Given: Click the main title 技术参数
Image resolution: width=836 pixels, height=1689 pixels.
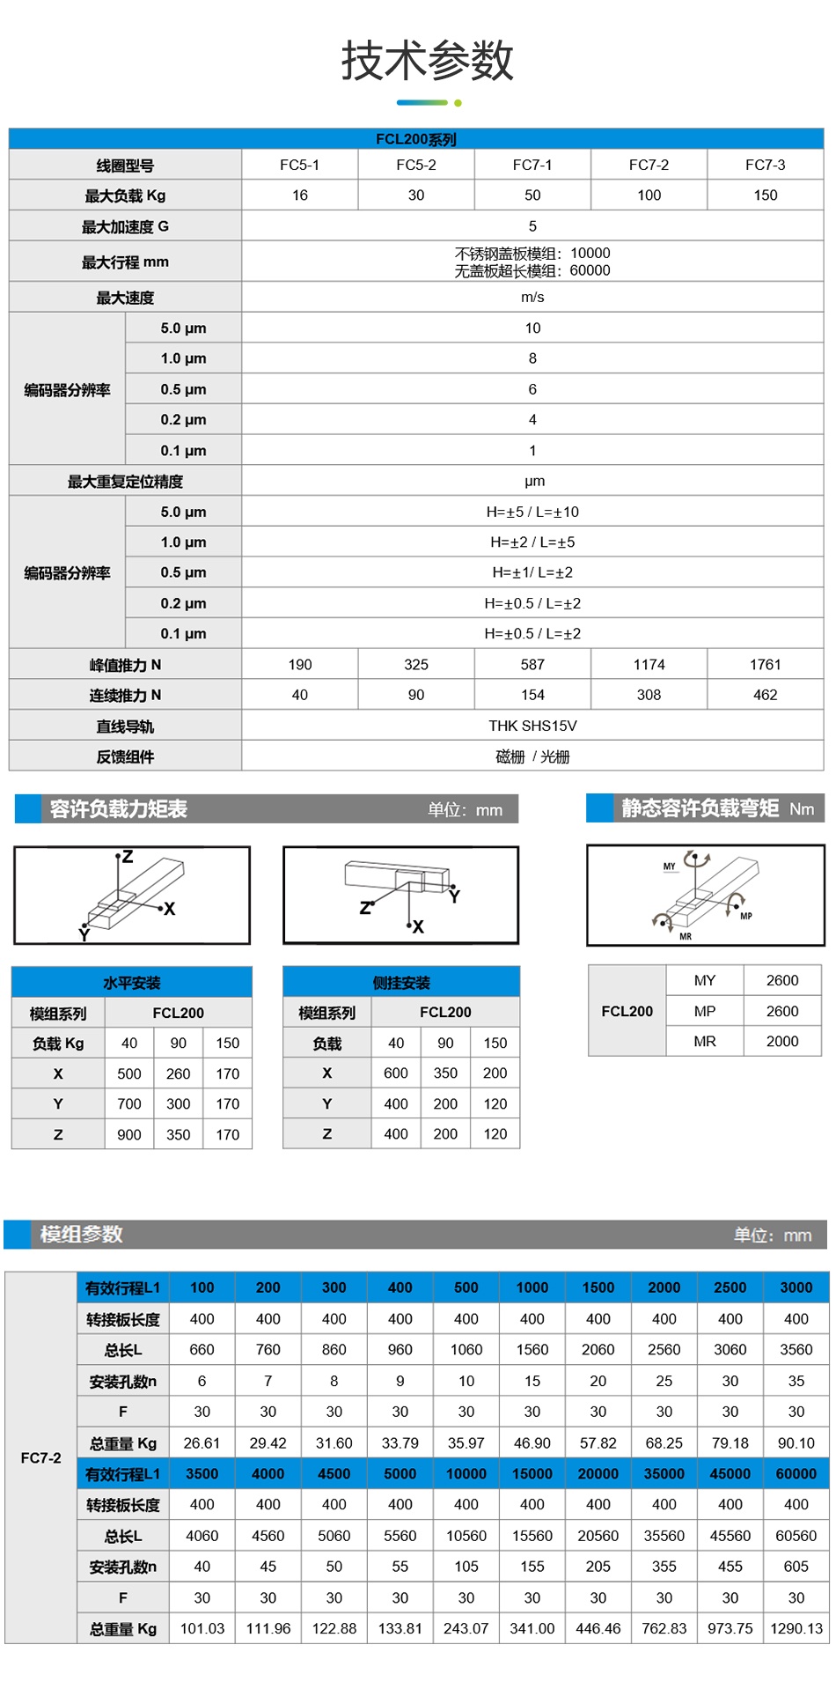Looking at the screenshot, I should (x=427, y=61).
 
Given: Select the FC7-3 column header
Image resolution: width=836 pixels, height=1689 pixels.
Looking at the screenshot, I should (x=765, y=165).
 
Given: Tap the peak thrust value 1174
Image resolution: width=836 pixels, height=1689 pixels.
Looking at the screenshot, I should (x=649, y=665).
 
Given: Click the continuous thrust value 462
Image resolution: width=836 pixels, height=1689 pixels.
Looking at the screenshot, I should (x=765, y=695).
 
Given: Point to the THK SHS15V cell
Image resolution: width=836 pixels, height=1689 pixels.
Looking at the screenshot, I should (x=532, y=726).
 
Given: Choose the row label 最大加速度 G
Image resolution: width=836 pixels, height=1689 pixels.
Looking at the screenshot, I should (x=125, y=226).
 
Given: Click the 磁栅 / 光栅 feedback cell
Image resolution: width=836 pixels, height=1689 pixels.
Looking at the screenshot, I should (x=532, y=756).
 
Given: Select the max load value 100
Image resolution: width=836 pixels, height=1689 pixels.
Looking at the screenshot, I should (x=649, y=195).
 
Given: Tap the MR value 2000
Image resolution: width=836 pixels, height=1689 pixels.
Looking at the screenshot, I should (x=781, y=1041).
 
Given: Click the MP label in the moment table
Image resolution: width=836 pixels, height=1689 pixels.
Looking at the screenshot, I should (x=704, y=1011).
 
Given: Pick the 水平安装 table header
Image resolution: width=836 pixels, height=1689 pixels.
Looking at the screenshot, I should (x=132, y=983).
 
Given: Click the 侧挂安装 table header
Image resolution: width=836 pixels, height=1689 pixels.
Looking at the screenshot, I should (x=401, y=983).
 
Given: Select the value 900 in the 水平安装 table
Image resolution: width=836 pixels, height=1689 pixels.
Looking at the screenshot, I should (x=129, y=1134).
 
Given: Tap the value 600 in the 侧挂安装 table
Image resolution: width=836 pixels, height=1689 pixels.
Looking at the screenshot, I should (x=396, y=1073).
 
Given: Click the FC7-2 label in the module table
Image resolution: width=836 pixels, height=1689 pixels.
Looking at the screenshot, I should (x=40, y=1457).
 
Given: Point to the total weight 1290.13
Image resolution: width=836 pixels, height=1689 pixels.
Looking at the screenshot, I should (x=796, y=1628).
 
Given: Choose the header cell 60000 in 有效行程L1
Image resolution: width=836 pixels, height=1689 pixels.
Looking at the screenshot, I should (x=796, y=1473).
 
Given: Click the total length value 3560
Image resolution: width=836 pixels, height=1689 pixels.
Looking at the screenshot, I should (x=796, y=1349).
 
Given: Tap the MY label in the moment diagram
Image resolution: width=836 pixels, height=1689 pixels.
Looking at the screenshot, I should (x=669, y=867).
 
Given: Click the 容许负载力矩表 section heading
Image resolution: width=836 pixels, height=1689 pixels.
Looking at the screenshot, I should (x=118, y=808).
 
